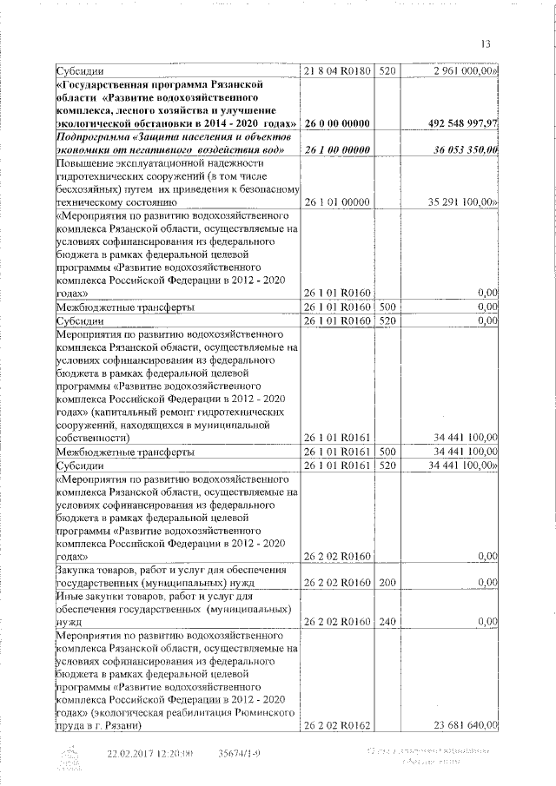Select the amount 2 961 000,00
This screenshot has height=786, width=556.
tap(460, 69)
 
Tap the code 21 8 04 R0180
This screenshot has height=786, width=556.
tap(337, 69)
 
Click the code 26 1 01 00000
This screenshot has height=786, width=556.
tap(337, 202)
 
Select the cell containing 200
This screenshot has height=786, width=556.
tap(387, 582)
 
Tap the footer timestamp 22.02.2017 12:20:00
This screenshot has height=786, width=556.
tap(149, 754)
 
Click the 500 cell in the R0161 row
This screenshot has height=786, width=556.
tap(387, 452)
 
